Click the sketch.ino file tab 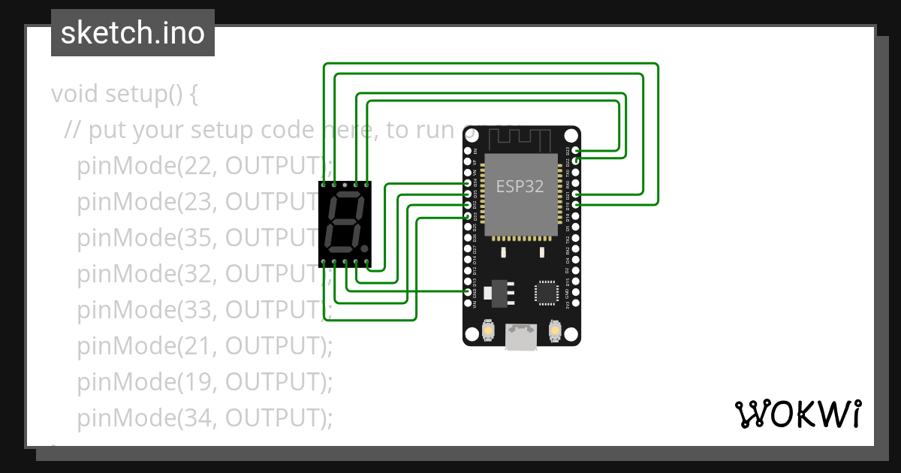[132, 33]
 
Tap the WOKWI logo [797, 414]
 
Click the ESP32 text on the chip [520, 186]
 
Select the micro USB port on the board [521, 337]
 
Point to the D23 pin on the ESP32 [576, 151]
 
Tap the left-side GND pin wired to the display [468, 292]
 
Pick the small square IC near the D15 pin [546, 293]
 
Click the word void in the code [75, 95]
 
